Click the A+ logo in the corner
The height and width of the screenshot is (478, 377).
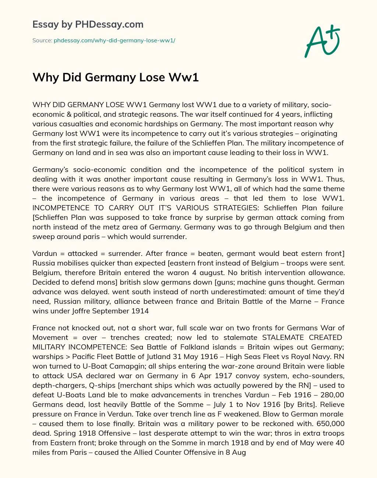[x=322, y=41]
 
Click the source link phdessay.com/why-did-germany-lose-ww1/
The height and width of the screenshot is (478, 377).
[x=114, y=41]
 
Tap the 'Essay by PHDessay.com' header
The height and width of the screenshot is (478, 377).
[x=88, y=24]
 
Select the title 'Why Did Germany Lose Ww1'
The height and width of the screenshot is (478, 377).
[x=116, y=77]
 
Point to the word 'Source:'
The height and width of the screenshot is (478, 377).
[x=42, y=41]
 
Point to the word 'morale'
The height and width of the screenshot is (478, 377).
[x=332, y=414]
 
